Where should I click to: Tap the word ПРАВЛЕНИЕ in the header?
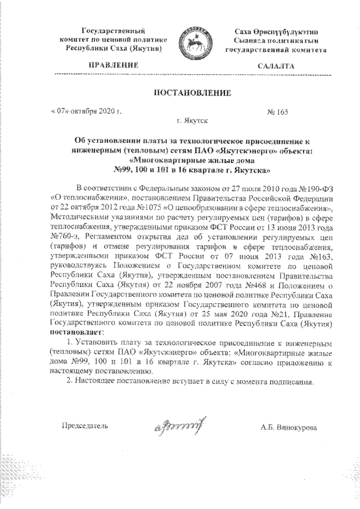[x=108, y=66]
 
